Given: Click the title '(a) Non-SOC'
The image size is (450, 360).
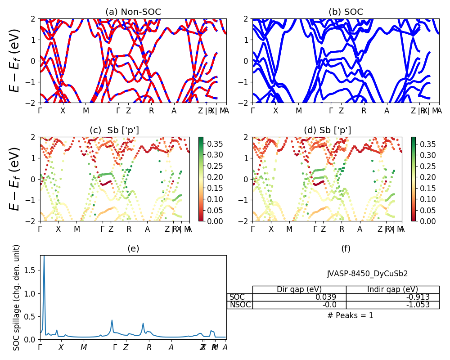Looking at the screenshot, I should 133,12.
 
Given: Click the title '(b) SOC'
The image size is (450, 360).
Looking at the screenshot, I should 346,12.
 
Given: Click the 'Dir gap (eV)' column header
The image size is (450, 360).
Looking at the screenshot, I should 299,289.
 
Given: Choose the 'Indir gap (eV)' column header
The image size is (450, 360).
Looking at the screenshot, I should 392,289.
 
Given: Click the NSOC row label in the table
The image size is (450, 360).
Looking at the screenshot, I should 240,305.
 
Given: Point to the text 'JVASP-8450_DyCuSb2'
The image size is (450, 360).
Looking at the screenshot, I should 367,273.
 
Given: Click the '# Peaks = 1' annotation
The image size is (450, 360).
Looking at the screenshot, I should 350,315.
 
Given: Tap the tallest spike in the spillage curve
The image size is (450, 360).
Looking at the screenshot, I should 44,257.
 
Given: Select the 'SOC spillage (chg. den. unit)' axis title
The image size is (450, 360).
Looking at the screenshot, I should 17,297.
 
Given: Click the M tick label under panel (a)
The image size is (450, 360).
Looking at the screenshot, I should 86,111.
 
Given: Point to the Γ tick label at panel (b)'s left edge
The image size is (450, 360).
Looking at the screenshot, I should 252,111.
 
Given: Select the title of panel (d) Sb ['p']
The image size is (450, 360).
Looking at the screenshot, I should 327,130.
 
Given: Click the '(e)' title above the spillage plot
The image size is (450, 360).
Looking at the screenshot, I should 133,248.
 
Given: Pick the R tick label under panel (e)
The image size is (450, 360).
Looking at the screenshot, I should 149,347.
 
